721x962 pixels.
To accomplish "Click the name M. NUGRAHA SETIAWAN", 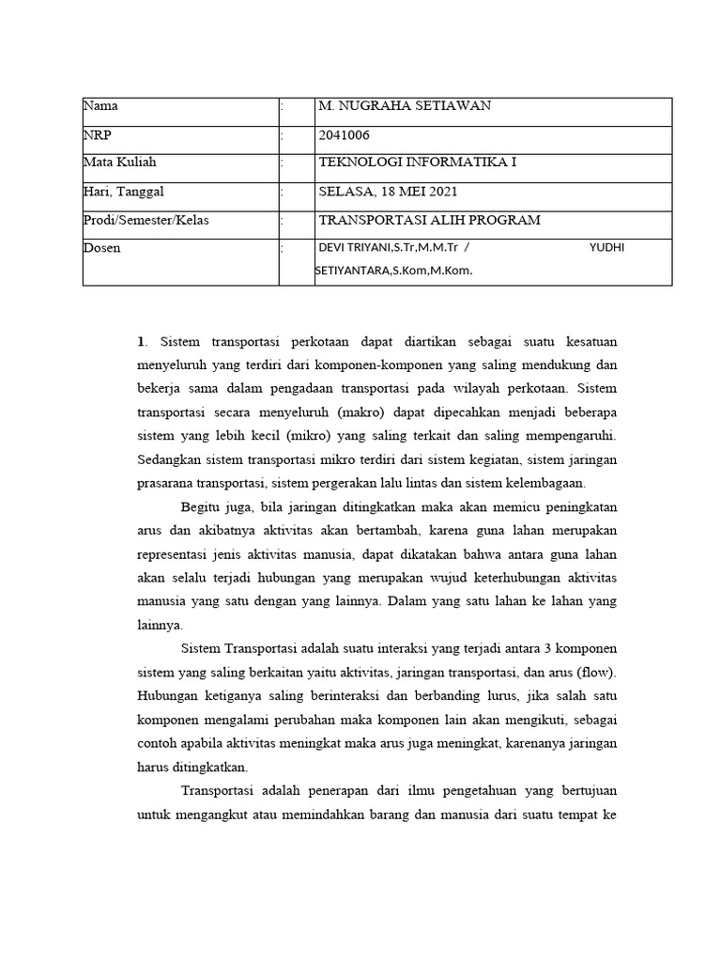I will click(x=405, y=106).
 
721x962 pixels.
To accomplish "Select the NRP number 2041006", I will click(x=345, y=134).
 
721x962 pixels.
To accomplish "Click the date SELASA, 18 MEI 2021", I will click(x=389, y=192).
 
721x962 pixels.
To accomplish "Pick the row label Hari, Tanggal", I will click(x=124, y=192).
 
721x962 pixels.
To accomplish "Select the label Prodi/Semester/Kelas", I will click(x=146, y=220).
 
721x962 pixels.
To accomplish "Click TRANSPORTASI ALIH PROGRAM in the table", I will click(x=430, y=220).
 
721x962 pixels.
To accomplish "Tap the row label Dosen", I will click(x=102, y=248).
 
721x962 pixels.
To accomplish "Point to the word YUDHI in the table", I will click(x=607, y=248).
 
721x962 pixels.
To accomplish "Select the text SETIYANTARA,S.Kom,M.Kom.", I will click(x=394, y=271).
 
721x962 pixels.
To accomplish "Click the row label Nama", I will click(x=101, y=106).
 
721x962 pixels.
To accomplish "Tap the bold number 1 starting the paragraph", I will click(x=141, y=341).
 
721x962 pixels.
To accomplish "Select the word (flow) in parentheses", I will click(x=599, y=673).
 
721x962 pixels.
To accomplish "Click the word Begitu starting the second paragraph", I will click(x=203, y=507).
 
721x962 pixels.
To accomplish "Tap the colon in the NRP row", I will click(x=282, y=135).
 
